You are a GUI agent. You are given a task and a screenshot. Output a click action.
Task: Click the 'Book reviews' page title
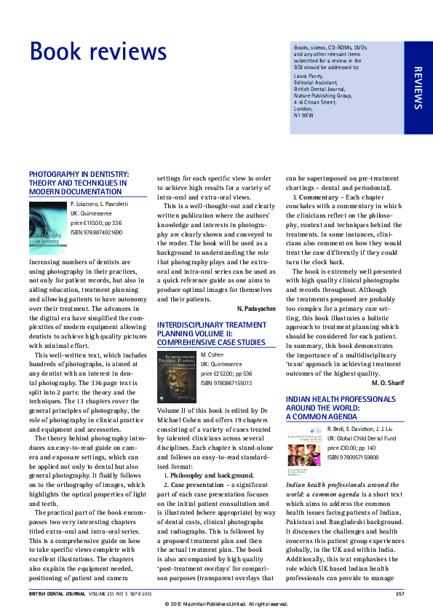coord(98,52)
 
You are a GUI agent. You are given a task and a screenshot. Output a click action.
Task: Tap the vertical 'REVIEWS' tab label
coord(418,88)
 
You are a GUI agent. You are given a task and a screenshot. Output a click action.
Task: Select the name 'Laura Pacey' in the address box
coord(309,75)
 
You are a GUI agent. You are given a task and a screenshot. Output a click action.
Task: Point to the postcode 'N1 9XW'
coord(303,115)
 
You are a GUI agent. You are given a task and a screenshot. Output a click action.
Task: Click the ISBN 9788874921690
coord(96,232)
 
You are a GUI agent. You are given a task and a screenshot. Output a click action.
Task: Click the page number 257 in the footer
coord(400,594)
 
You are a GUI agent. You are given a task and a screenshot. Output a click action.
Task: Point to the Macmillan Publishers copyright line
coord(216,604)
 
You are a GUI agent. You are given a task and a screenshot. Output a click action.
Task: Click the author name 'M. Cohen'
coord(211,353)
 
